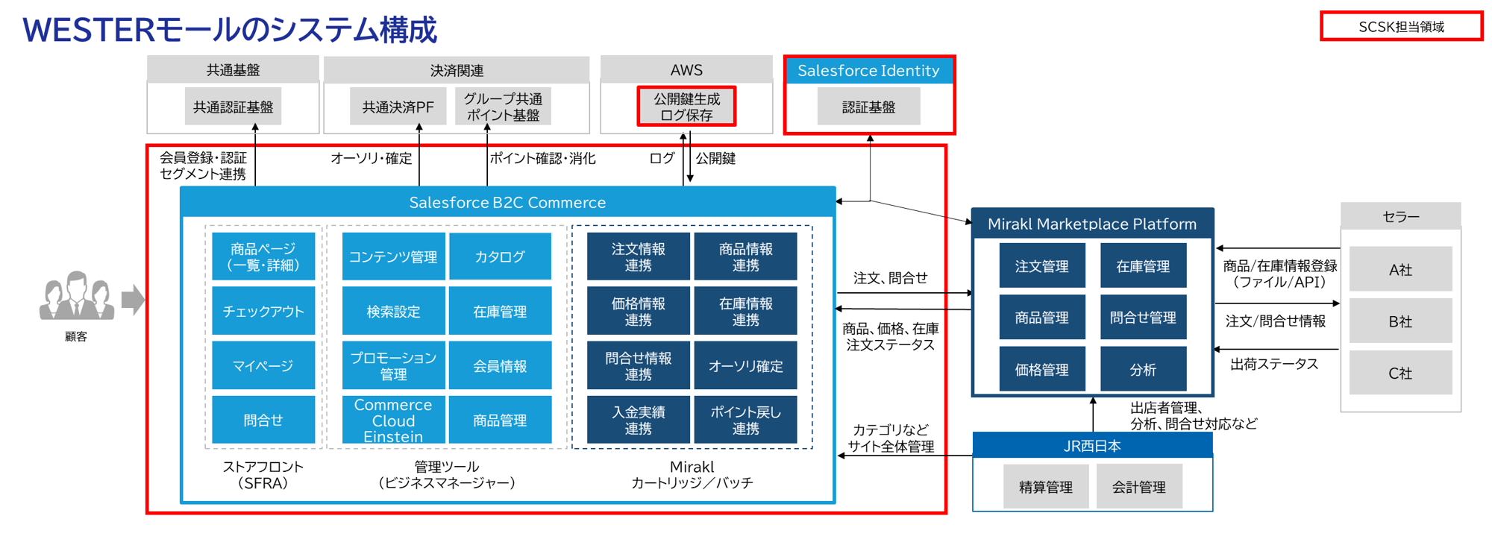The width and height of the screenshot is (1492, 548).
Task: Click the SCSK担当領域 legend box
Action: [x=1401, y=27]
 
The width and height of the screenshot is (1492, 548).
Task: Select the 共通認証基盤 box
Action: [x=233, y=107]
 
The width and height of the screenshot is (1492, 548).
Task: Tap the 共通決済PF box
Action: [x=398, y=107]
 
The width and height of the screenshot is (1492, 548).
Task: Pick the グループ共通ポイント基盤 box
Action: [x=503, y=107]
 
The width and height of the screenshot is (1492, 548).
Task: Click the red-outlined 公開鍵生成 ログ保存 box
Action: [x=686, y=107]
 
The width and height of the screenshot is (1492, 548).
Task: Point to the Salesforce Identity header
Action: [x=868, y=71]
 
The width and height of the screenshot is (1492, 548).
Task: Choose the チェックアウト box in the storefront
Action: [x=263, y=311]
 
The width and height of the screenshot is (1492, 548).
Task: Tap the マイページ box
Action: [x=263, y=365]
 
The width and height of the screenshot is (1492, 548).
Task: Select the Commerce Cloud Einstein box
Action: [x=393, y=421]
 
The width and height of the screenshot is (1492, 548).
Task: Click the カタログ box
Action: [x=500, y=256]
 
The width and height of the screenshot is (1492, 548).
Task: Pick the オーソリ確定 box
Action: [x=745, y=365]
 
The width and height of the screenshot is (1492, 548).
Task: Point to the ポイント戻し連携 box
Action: [x=745, y=421]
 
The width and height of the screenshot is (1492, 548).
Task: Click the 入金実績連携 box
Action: [x=638, y=421]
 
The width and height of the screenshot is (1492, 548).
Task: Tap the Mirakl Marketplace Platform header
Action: [x=1092, y=224]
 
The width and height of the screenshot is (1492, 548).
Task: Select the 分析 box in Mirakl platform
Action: [x=1143, y=369]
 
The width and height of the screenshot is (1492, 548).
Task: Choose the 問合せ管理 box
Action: [x=1143, y=318]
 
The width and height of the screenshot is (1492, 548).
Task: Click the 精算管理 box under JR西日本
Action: [x=1045, y=487]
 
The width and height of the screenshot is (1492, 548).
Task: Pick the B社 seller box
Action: [x=1400, y=321]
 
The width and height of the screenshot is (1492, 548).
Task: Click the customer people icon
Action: [x=76, y=297]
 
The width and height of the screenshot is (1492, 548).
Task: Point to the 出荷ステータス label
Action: [x=1274, y=364]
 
